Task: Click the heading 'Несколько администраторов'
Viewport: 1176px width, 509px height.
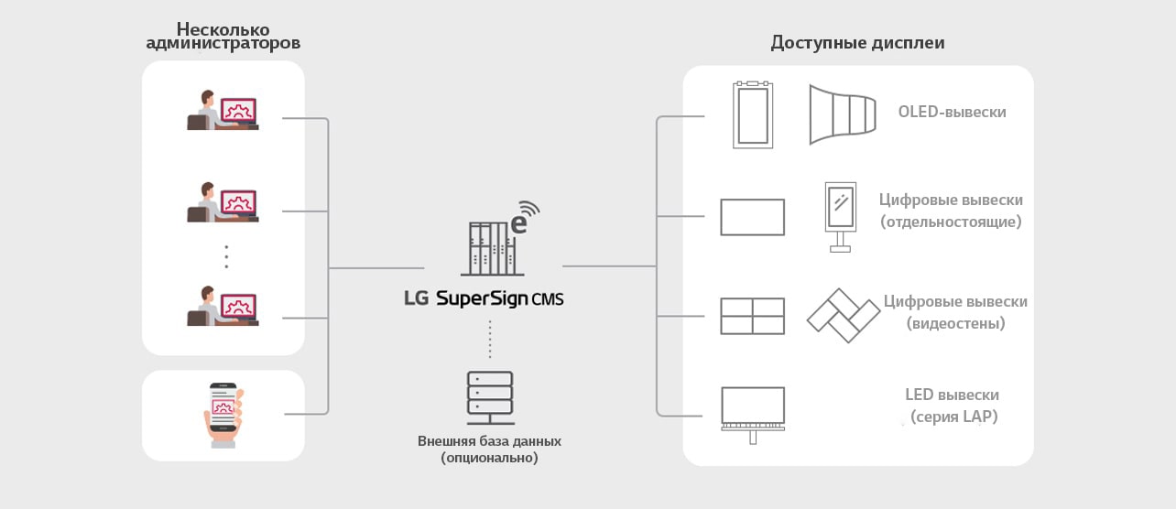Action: coord(223,36)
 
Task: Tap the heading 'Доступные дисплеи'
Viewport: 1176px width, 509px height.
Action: coord(857,42)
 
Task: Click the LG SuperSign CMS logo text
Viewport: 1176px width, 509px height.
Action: coord(484,298)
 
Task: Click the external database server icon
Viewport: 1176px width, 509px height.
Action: coord(490,396)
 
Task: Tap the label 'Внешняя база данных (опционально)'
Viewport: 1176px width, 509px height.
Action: coord(489,449)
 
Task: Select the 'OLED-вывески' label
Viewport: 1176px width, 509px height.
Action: coord(952,112)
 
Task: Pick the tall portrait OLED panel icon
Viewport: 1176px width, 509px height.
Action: coord(753,115)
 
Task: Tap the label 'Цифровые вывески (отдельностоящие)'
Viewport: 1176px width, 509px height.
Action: coord(951,211)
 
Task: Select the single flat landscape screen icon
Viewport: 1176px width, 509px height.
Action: coord(752,218)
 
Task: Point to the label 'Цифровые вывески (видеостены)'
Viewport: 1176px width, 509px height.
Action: coord(955,312)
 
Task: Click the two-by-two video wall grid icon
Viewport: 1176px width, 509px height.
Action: coord(752,316)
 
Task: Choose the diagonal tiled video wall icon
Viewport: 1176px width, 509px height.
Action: coord(843,315)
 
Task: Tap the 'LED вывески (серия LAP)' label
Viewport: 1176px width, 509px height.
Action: coord(952,406)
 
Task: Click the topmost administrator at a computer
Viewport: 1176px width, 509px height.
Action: coord(223,111)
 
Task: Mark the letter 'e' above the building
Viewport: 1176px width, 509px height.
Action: coord(518,222)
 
